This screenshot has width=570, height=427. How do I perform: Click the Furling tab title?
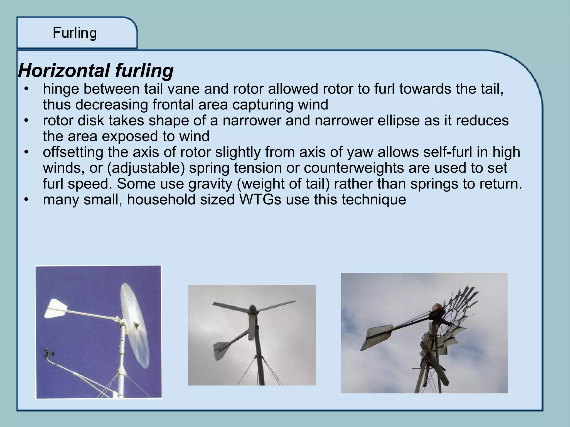75,33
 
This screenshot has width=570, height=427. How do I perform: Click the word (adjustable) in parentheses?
146,168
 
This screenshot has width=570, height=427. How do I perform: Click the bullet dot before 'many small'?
26,200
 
